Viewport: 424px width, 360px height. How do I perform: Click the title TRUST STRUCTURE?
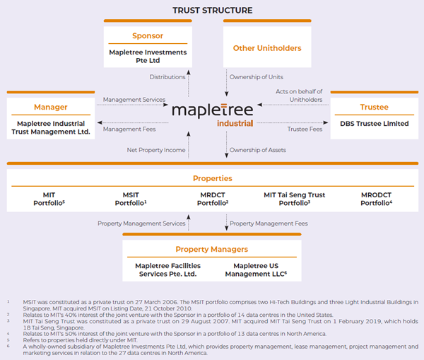(213, 11)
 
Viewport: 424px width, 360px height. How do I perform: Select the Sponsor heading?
(148, 36)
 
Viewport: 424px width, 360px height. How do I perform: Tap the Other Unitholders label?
(267, 48)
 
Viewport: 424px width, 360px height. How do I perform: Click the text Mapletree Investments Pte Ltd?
(148, 57)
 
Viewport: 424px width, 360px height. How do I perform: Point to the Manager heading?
(51, 108)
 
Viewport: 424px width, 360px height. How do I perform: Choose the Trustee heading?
(375, 107)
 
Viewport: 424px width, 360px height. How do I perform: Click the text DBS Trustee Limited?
(375, 124)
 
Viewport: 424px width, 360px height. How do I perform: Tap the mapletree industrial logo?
(213, 115)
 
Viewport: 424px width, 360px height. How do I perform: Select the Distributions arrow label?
(167, 77)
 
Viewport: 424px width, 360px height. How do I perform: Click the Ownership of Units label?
(257, 77)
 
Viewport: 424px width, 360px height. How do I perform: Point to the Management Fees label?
(129, 129)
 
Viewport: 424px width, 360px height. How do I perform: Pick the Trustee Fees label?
(305, 129)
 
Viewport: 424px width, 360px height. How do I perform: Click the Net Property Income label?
(156, 150)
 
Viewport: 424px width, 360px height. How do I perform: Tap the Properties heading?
(213, 178)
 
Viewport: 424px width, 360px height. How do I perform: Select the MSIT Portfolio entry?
(131, 199)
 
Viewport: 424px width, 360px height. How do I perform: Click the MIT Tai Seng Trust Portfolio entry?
(295, 199)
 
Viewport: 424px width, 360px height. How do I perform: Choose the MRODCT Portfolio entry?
(376, 199)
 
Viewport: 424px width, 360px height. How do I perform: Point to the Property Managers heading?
(212, 249)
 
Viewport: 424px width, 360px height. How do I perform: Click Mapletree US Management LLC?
(256, 270)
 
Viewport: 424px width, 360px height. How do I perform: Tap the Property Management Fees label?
(269, 223)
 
